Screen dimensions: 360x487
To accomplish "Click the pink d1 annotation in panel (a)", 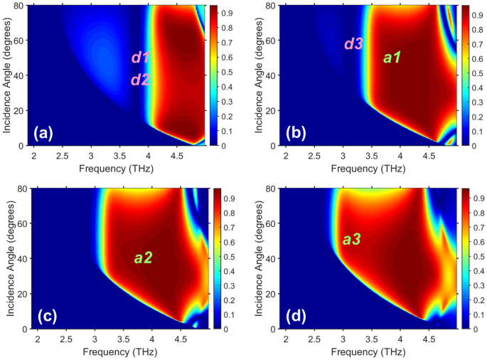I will click(x=140, y=58).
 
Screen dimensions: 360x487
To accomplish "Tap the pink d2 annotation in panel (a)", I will click(x=140, y=80).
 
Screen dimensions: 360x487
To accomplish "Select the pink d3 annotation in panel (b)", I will click(x=354, y=44).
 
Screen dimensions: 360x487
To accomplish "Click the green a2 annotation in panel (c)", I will click(x=144, y=258).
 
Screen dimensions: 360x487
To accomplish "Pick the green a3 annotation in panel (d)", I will click(x=351, y=240).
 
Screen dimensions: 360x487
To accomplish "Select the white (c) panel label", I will click(x=46, y=315).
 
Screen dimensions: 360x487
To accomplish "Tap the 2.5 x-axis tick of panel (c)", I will click(x=62, y=339).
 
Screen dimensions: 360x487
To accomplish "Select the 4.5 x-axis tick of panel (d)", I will click(x=429, y=339).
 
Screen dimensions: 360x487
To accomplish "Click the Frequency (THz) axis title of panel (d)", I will click(x=371, y=351).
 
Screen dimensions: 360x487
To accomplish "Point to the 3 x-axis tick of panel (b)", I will click(x=343, y=156).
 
